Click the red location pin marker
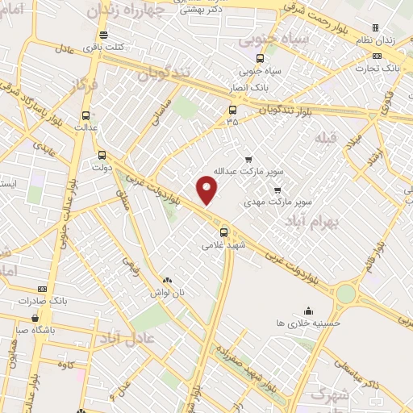[207, 190]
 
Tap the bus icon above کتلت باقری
[103, 35]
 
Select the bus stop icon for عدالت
[86, 115]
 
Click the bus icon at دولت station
[102, 156]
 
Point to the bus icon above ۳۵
[232, 110]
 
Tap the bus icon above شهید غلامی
[224, 232]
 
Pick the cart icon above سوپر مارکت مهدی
[277, 190]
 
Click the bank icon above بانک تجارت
[377, 56]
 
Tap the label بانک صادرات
[46, 301]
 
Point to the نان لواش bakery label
[165, 291]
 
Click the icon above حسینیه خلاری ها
[307, 310]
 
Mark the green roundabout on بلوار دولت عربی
[346, 294]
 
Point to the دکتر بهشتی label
[206, 10]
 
